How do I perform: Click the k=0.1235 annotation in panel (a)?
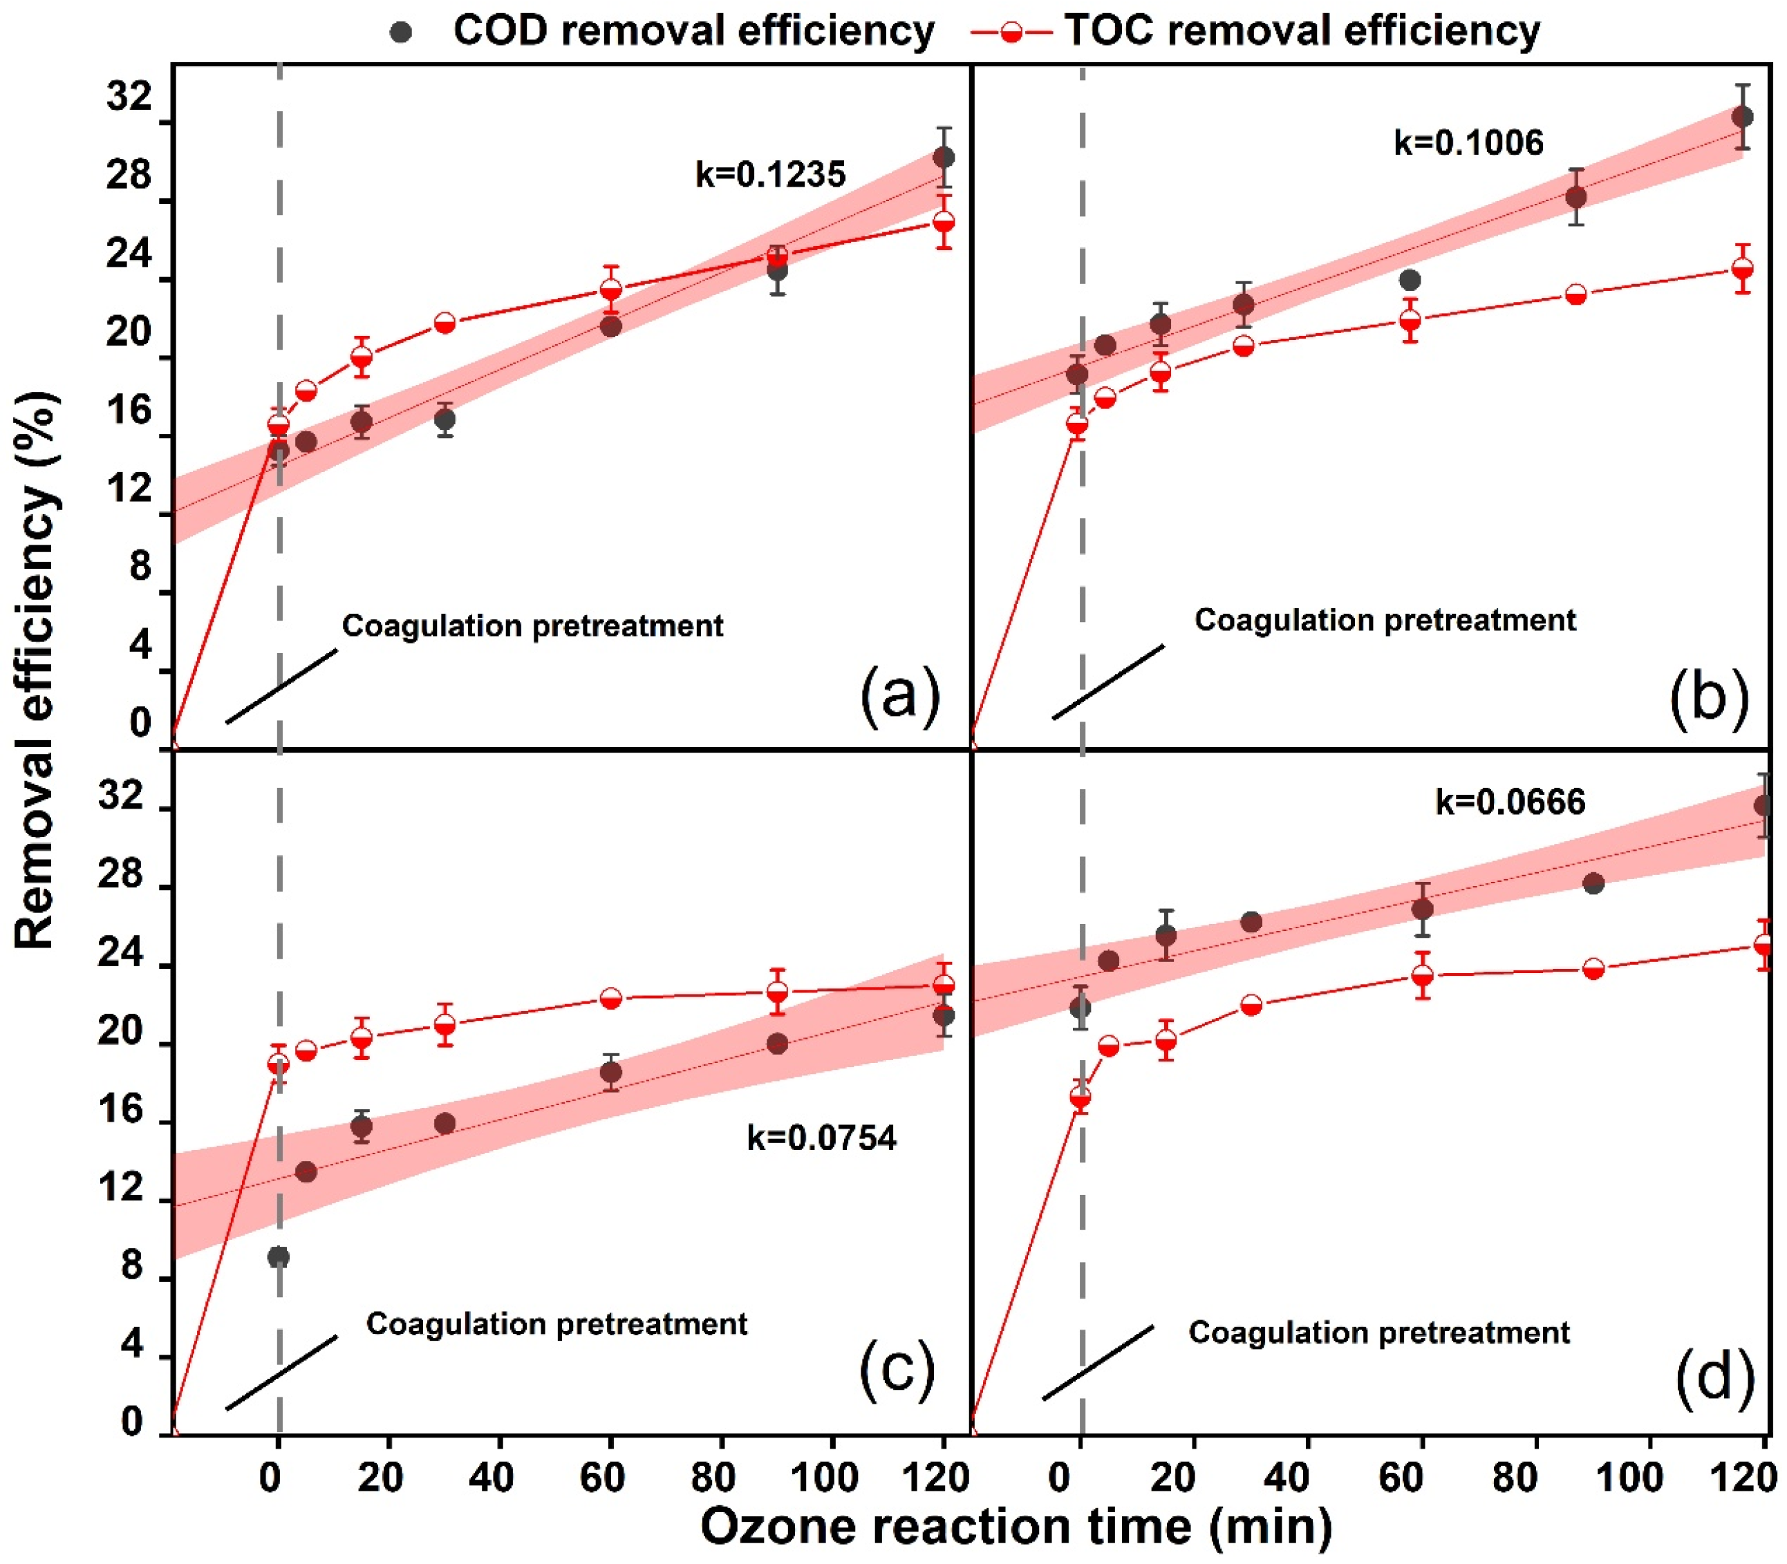[x=770, y=175]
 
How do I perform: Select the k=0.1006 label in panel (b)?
[x=1468, y=142]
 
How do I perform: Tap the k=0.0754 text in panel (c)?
[x=821, y=1138]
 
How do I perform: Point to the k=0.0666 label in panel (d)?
[x=1510, y=801]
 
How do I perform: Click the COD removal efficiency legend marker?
[x=402, y=31]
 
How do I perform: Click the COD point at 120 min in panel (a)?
[x=944, y=157]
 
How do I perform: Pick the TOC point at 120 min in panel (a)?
[x=944, y=222]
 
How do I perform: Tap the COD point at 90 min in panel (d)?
[x=1593, y=884]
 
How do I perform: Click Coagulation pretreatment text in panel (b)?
[x=1385, y=621]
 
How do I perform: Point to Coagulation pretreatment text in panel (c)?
[x=556, y=1324]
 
